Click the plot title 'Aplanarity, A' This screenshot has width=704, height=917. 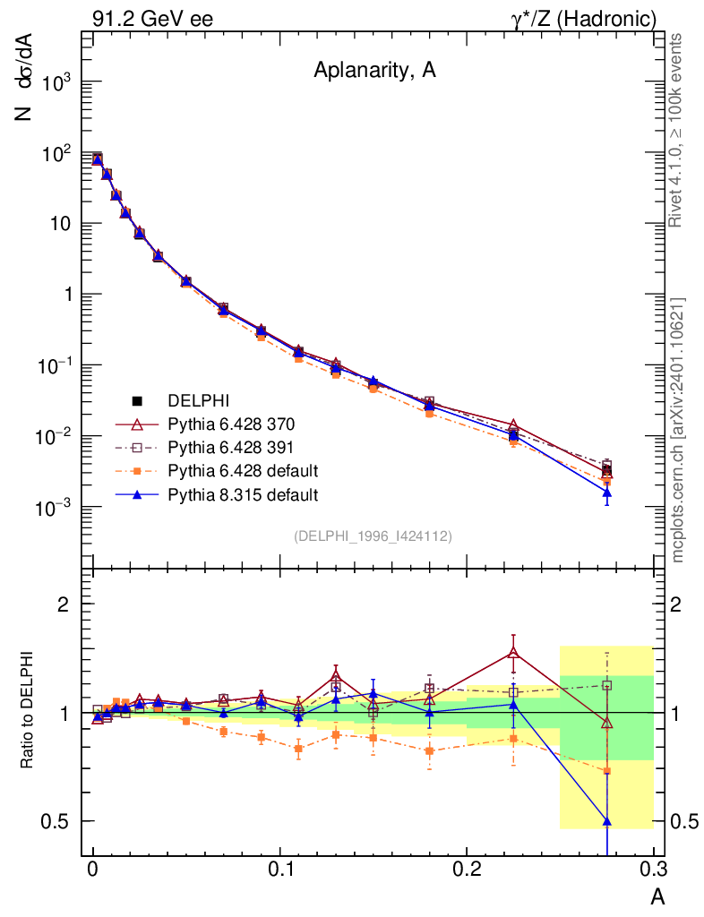click(374, 73)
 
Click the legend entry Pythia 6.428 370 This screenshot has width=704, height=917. click(231, 424)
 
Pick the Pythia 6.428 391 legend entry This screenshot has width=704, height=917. click(231, 447)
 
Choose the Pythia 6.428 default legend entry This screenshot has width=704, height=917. click(243, 470)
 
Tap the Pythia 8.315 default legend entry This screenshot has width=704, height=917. click(243, 493)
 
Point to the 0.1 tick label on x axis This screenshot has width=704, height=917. click(280, 869)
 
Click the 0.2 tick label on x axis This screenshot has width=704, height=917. click(467, 869)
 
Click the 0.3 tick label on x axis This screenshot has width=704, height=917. click(653, 869)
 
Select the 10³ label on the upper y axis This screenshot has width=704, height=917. click(56, 82)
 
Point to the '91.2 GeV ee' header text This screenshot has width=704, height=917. click(152, 18)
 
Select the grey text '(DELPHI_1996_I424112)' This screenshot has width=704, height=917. click(372, 536)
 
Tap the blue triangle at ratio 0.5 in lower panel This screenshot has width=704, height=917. click(606, 821)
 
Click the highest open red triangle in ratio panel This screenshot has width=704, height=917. click(513, 653)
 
